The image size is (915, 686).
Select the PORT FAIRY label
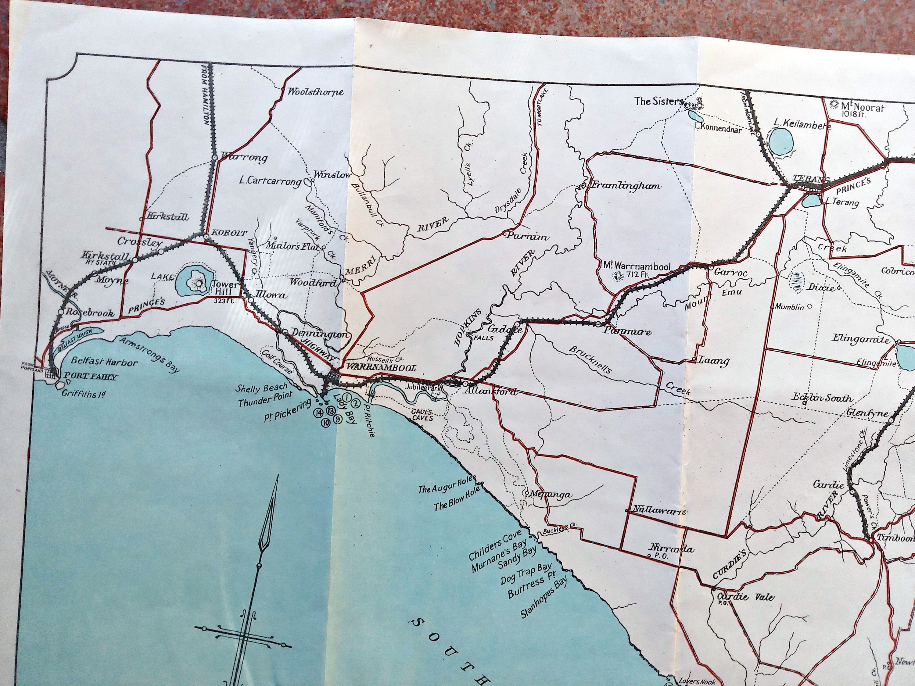point(89,377)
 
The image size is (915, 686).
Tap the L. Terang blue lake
point(811,201)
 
